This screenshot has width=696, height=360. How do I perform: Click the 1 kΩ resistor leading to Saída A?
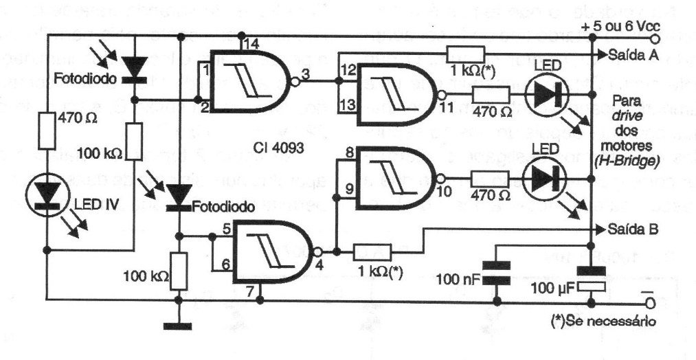[x=465, y=54]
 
